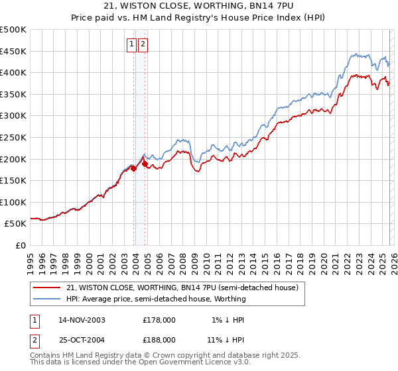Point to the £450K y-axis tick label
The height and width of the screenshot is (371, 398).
(x=13, y=51)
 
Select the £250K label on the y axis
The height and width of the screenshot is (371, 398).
(x=13, y=137)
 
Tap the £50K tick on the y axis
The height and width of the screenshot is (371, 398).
(x=16, y=224)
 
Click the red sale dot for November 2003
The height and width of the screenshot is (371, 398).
(x=133, y=168)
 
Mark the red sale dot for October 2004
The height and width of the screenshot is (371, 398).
(x=145, y=164)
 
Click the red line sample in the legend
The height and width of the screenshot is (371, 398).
(x=48, y=288)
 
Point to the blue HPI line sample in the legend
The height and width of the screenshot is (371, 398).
(x=48, y=299)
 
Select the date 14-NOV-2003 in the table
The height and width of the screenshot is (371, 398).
(x=82, y=319)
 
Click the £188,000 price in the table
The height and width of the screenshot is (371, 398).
(x=159, y=339)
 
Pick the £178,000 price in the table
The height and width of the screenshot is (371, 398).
(x=159, y=319)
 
